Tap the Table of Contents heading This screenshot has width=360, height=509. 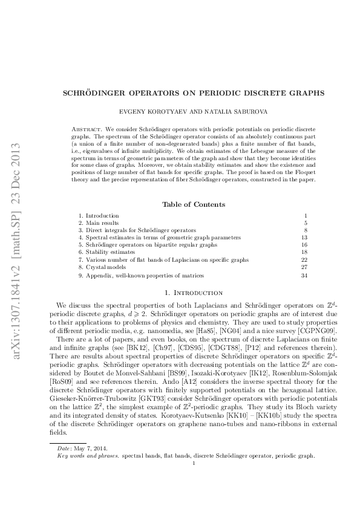click(x=193, y=204)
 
